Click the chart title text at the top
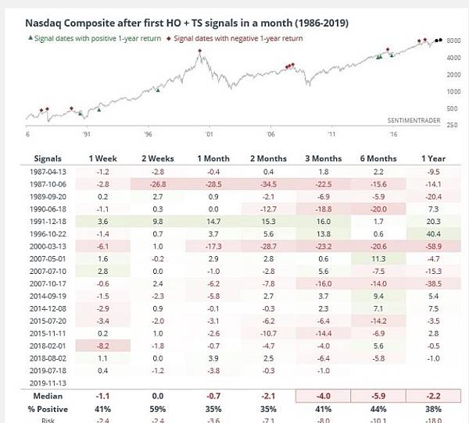pyautogui.click(x=187, y=23)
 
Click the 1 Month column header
pyautogui.click(x=209, y=158)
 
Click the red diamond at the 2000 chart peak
pyautogui.click(x=200, y=52)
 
